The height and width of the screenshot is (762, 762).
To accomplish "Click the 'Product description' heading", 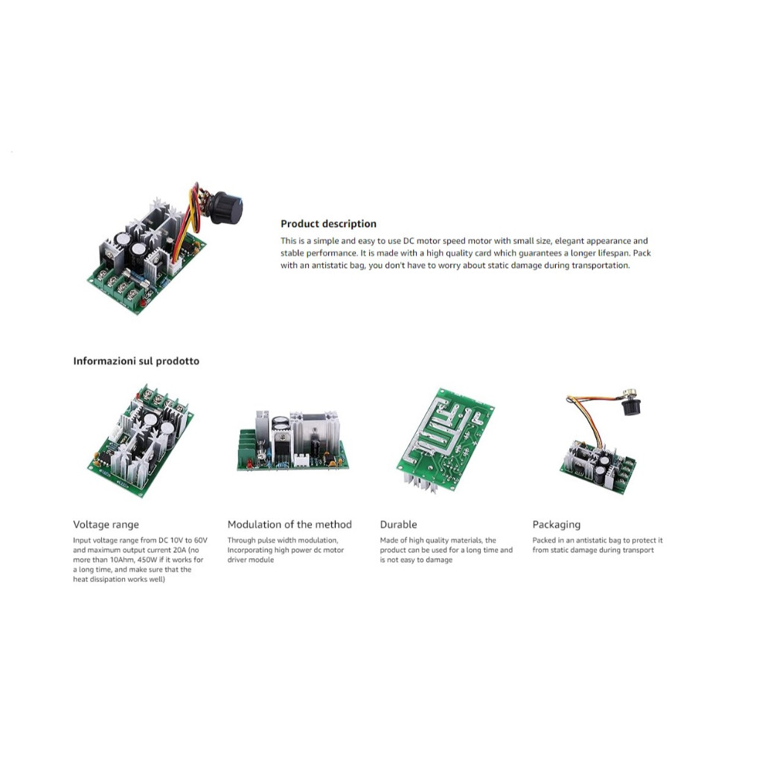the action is coord(328,224).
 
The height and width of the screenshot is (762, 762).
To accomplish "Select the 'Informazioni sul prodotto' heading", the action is coord(136,361).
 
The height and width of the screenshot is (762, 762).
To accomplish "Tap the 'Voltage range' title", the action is coord(106,525).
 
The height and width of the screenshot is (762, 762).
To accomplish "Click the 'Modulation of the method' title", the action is coord(289,525).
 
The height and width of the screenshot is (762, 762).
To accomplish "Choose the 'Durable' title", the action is coord(399,525).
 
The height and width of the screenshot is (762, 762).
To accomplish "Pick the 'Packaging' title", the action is coord(557,525).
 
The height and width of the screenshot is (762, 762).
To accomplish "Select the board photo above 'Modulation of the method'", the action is coord(292,441).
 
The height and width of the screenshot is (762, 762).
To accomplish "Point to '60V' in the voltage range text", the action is coord(201,540).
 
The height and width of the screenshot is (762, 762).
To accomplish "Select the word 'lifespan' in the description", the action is coord(613,253).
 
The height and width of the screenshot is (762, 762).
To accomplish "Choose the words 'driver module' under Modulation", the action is coord(251,560).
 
